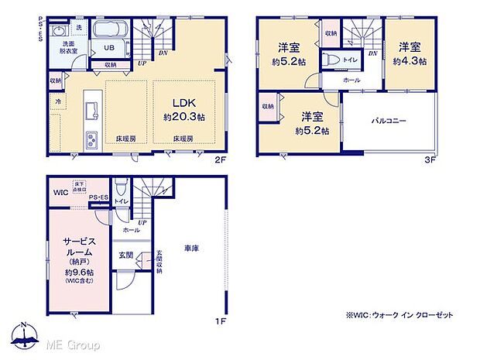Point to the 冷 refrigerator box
tap(57, 101)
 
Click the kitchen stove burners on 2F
tap(91, 141)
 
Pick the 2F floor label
tap(219, 161)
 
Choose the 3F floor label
tap(430, 161)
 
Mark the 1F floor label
tap(219, 318)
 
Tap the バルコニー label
tap(388, 121)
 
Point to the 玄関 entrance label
tap(126, 254)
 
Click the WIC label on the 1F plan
tap(61, 192)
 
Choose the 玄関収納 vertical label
tap(159, 259)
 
